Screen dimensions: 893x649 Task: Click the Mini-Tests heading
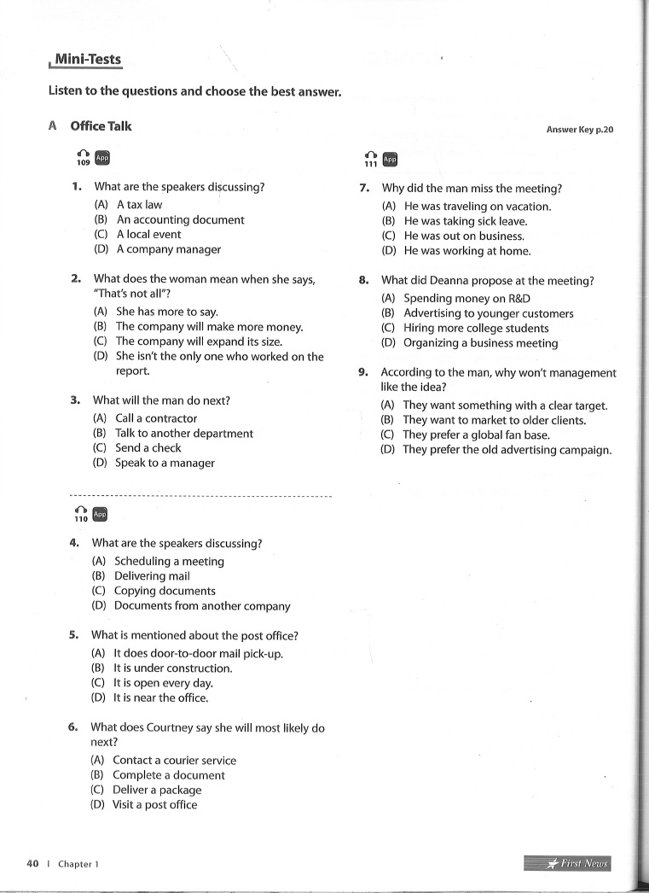(x=87, y=60)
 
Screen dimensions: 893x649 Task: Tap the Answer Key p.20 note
(x=580, y=130)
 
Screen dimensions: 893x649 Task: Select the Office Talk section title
(x=101, y=126)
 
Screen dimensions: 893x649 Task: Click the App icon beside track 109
(x=102, y=157)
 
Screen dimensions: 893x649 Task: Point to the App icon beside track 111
(x=390, y=160)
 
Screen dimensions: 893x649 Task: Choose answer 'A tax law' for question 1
(x=138, y=205)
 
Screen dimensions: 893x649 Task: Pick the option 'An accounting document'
(x=179, y=219)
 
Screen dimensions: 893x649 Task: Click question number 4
(x=75, y=542)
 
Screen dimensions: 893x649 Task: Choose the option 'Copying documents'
(x=164, y=591)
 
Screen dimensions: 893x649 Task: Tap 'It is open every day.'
(x=162, y=683)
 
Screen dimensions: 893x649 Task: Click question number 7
(x=364, y=188)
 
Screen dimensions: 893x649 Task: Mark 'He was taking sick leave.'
(x=465, y=221)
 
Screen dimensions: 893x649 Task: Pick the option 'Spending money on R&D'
(x=466, y=298)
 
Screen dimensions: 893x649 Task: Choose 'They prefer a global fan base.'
(x=476, y=435)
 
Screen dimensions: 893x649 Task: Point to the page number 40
(x=33, y=863)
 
